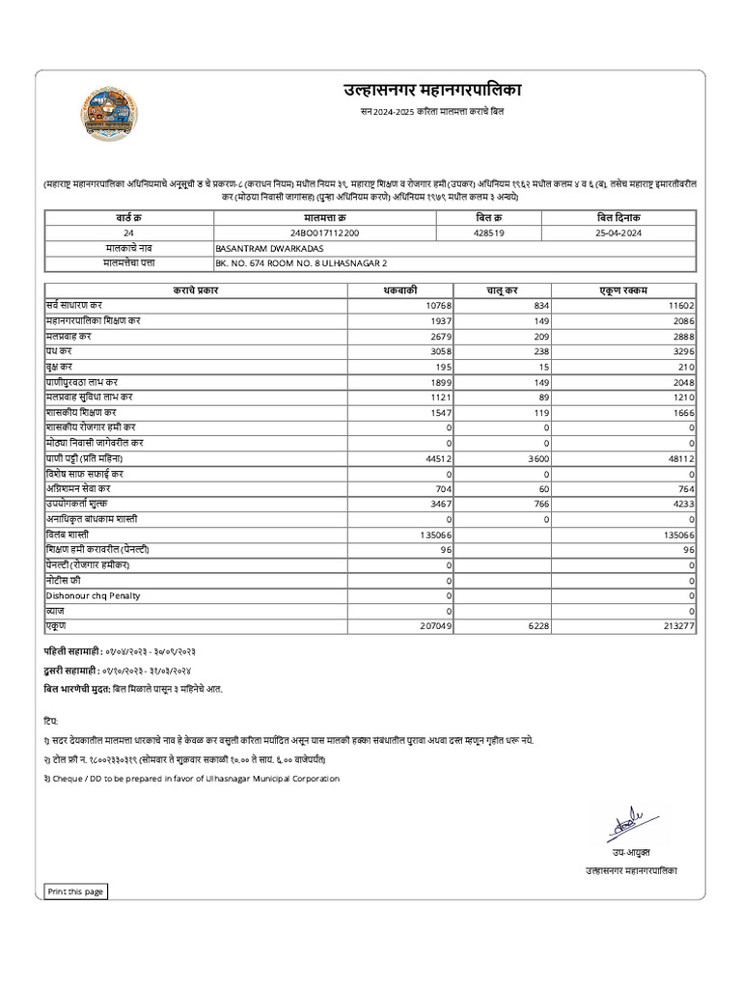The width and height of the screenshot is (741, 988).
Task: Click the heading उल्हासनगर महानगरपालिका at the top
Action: pyautogui.click(x=431, y=91)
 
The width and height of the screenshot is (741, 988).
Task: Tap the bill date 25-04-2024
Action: pyautogui.click(x=618, y=233)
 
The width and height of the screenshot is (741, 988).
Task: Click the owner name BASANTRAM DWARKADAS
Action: pyautogui.click(x=259, y=248)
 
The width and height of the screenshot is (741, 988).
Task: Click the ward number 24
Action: pyautogui.click(x=129, y=233)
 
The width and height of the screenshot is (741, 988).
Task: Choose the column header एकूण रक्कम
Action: pyautogui.click(x=624, y=289)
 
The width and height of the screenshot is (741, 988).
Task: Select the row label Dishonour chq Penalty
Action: pyautogui.click(x=93, y=595)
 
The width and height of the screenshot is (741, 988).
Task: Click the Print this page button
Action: pyautogui.click(x=75, y=892)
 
